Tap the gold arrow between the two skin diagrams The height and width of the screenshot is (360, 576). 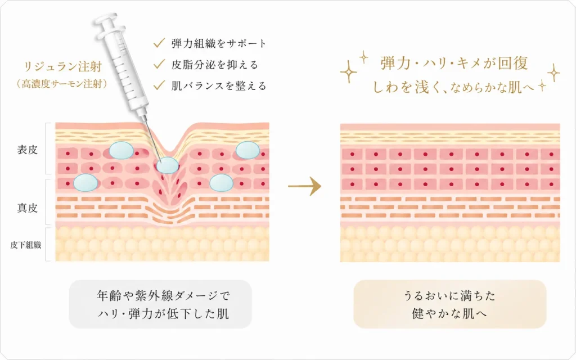pyautogui.click(x=304, y=186)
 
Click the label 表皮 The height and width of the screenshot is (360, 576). pyautogui.click(x=27, y=150)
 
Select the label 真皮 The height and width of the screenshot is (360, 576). pyautogui.click(x=27, y=208)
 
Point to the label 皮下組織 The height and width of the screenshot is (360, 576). pyautogui.click(x=26, y=245)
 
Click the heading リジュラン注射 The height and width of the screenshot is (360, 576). pyautogui.click(x=62, y=66)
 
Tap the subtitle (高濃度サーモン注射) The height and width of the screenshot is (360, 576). pyautogui.click(x=62, y=84)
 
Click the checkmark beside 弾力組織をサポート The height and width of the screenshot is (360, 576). pyautogui.click(x=159, y=43)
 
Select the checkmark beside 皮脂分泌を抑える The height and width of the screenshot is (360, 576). pyautogui.click(x=159, y=64)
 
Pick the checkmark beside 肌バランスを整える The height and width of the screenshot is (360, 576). pyautogui.click(x=159, y=85)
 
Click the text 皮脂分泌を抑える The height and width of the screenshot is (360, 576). pyautogui.click(x=215, y=65)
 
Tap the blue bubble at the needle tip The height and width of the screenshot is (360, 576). pyautogui.click(x=168, y=165)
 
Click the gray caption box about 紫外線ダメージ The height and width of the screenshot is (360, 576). pyautogui.click(x=160, y=304)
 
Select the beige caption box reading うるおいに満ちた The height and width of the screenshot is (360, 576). pyautogui.click(x=449, y=304)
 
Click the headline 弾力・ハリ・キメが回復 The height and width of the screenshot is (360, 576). pyautogui.click(x=454, y=63)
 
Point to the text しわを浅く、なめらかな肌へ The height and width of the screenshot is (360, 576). pyautogui.click(x=453, y=87)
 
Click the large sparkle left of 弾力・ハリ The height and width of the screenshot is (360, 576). pyautogui.click(x=348, y=72)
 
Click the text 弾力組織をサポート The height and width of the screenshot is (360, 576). pyautogui.click(x=219, y=43)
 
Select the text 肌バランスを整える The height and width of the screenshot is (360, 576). pyautogui.click(x=219, y=85)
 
